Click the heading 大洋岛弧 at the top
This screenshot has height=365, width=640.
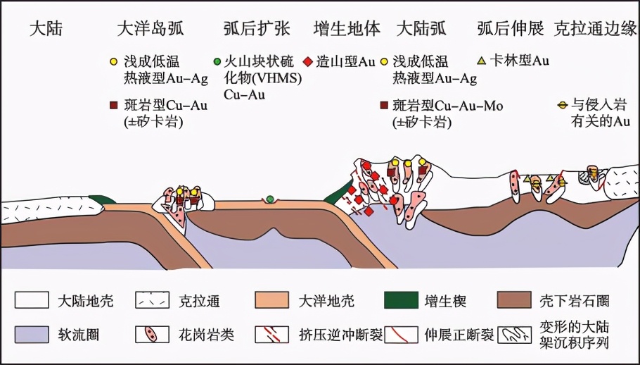pos(151,29)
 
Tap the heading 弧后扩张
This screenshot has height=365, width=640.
pos(257,29)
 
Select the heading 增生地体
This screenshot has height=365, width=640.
pos(347,29)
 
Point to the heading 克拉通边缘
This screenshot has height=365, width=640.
pos(596,29)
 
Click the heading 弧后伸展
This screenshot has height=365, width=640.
pos(511,29)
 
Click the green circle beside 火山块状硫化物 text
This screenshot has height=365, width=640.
pos(217,62)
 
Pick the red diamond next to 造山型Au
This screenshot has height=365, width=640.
pos(308,62)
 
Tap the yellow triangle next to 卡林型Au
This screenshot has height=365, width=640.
pos(482,61)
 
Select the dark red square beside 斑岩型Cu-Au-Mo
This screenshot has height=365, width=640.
pos(384,106)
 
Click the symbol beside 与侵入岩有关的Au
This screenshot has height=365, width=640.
pos(563,106)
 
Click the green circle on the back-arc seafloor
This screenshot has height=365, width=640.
pos(270,199)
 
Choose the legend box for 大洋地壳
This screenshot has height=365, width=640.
pos(272,299)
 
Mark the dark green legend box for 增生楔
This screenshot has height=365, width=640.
pos(402,299)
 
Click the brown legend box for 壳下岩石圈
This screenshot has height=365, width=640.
pos(514,299)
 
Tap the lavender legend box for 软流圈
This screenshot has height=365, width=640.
pos(32,334)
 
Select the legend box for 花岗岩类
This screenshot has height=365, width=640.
pos(152,334)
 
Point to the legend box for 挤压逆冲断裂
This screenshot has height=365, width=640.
pos(272,334)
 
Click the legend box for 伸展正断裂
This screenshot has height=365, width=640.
pos(402,334)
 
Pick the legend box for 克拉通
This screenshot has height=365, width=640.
pos(152,299)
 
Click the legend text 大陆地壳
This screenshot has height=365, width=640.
pos(85,302)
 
